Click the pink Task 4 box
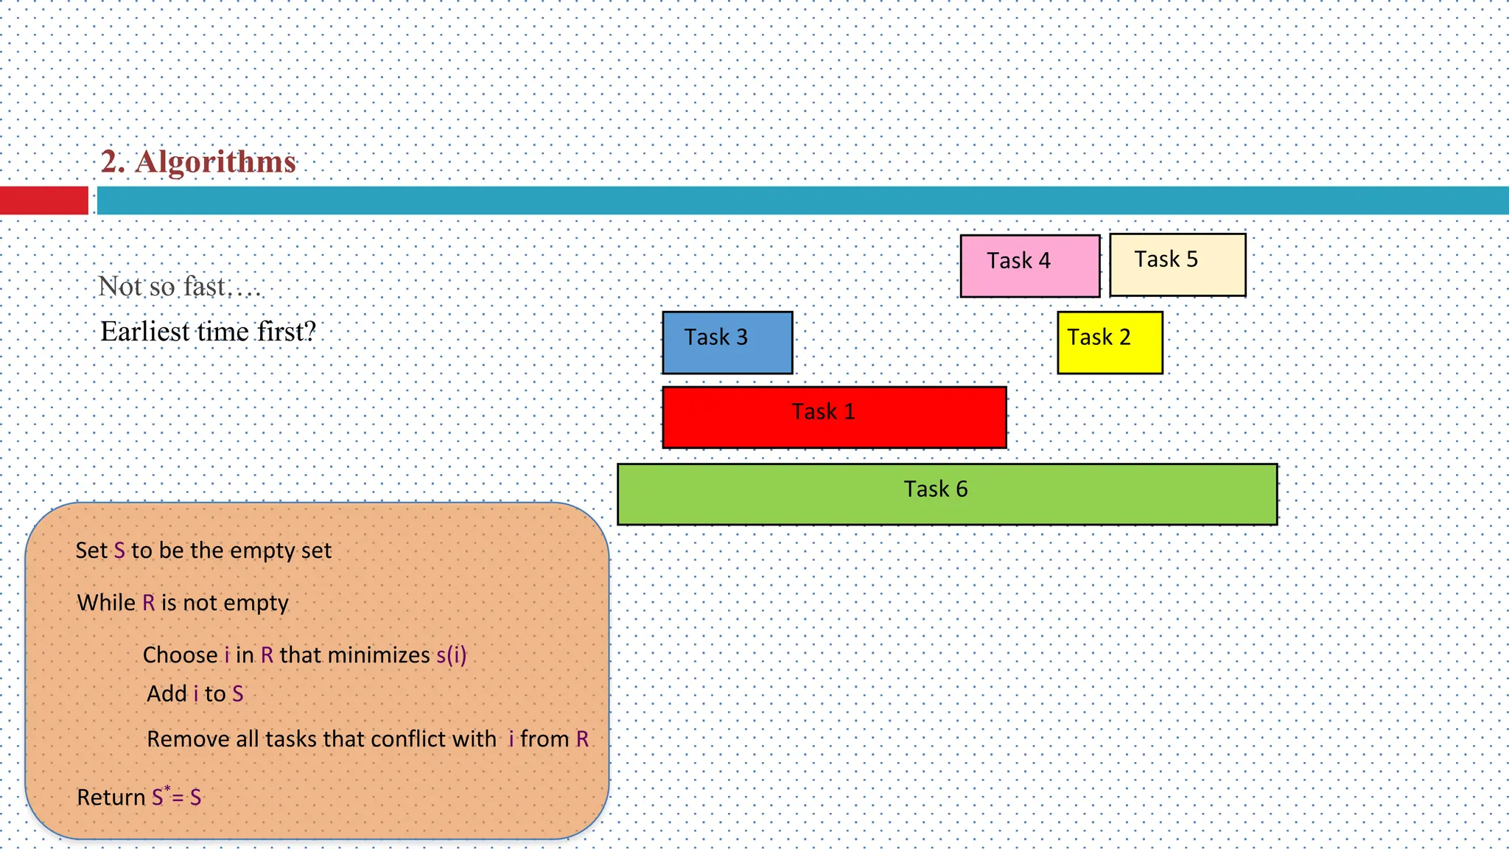coord(1029,266)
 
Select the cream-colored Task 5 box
coord(1177,265)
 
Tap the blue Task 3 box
coord(727,342)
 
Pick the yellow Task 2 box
coord(1110,342)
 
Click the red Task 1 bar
coord(834,417)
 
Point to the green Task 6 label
coord(935,489)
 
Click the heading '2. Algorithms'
coord(198,162)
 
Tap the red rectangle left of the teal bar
coord(43,200)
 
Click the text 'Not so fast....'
coord(179,287)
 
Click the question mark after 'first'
coord(310,332)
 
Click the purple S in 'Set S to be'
coord(119,551)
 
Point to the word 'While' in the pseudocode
coord(106,603)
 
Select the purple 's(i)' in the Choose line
coord(451,655)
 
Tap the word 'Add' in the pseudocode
coord(167,694)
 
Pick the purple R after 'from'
coord(582,739)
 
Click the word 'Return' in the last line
coord(111,797)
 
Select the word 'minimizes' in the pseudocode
coord(378,655)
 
